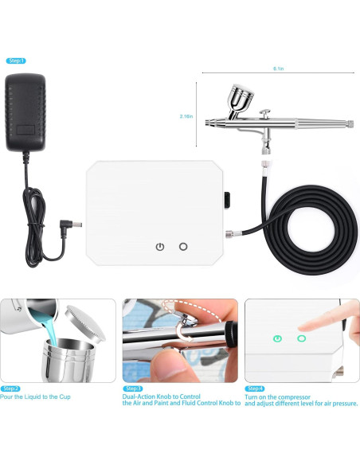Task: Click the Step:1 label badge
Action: (15, 61)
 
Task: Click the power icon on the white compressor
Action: (160, 247)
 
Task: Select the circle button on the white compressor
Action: (184, 247)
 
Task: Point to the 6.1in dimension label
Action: (278, 69)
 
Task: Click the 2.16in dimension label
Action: (187, 116)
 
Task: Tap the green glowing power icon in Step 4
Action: (276, 338)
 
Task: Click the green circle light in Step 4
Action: (302, 338)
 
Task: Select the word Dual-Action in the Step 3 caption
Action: (139, 396)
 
